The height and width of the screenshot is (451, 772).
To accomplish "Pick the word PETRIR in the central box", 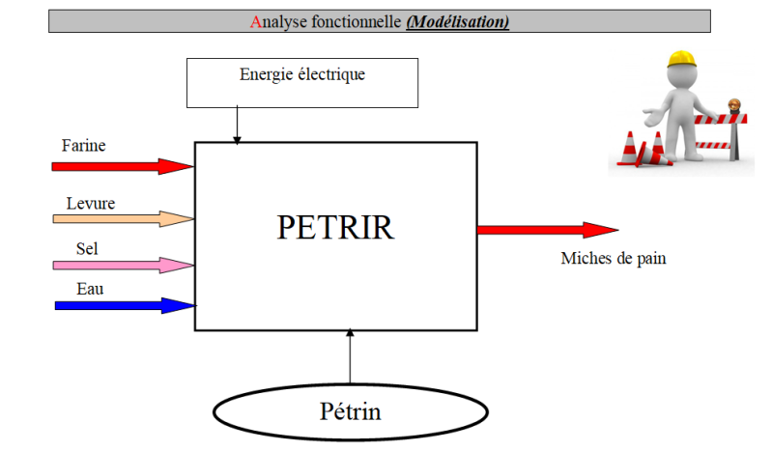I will point(335,227).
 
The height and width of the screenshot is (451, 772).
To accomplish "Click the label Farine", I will point(83,146).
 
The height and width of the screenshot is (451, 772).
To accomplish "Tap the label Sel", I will point(87,248).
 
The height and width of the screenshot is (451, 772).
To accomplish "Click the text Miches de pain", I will point(614,258).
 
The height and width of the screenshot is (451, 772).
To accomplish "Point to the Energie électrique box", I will point(301,82).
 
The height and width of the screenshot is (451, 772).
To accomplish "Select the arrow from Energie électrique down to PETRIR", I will point(237,125).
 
